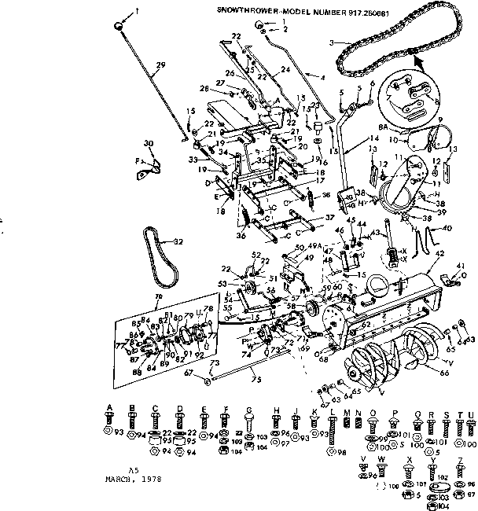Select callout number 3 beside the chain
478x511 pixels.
pos(332,41)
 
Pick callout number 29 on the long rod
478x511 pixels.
pos(161,64)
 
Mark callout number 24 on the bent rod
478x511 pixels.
pos(284,68)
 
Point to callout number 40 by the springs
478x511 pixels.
pos(448,229)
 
